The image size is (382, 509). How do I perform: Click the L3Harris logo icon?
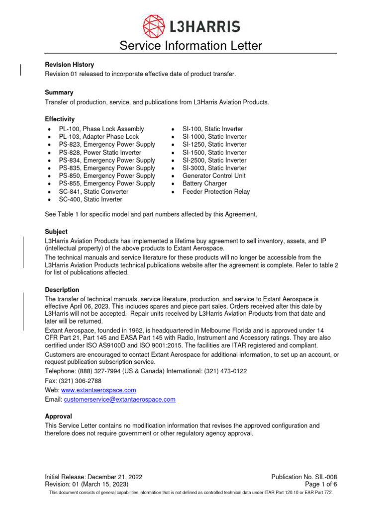155,26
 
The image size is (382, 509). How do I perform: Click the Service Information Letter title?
191,46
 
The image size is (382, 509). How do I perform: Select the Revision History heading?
69,65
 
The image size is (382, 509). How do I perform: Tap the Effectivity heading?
60,119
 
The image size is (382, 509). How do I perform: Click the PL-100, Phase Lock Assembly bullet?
101,129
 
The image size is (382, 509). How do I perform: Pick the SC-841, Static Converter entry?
94,191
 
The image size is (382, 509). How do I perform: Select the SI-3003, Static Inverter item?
214,168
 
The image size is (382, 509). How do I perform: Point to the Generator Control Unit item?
214,176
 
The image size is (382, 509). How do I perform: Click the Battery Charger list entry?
204,184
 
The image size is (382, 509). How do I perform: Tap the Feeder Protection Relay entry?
216,191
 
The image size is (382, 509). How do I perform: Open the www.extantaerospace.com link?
98,390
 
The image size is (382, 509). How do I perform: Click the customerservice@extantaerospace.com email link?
120,399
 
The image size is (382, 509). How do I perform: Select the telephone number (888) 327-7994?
97,371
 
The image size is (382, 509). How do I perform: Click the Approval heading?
58,416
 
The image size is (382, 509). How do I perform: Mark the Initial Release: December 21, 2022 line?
94,477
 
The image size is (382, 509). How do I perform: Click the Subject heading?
56,232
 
